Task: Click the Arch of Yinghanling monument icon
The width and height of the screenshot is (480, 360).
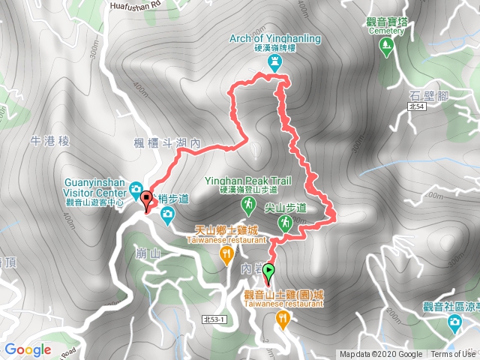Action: (274, 61)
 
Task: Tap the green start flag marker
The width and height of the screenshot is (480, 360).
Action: (269, 272)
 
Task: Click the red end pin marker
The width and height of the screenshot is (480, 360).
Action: (146, 199)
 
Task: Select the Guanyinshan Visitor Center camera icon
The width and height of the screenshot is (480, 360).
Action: (136, 188)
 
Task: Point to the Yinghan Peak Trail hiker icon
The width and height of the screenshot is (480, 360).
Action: (247, 204)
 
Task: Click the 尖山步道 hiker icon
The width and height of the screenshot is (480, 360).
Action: (285, 222)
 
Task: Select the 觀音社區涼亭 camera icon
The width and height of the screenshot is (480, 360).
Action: (454, 322)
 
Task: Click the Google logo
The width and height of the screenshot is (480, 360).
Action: (28, 349)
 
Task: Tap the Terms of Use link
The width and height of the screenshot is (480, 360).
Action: (451, 354)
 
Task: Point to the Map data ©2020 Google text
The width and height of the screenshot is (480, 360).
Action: (381, 354)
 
